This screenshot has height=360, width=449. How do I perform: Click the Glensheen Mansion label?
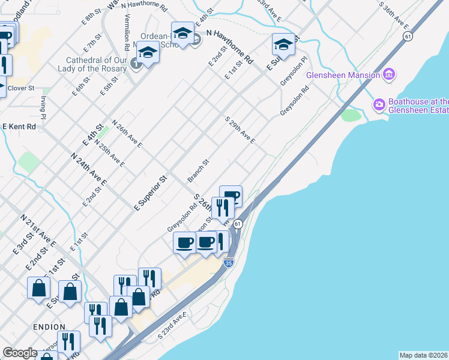343,75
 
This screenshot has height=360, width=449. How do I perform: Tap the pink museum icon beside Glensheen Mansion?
389,74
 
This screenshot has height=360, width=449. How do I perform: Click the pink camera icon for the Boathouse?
379,105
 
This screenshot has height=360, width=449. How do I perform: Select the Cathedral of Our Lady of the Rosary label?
88,64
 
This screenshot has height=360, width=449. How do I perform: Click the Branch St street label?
197,170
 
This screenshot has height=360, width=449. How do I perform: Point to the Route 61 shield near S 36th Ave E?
408,37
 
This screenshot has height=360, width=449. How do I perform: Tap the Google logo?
19,353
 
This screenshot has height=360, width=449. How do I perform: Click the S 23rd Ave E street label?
173,325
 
